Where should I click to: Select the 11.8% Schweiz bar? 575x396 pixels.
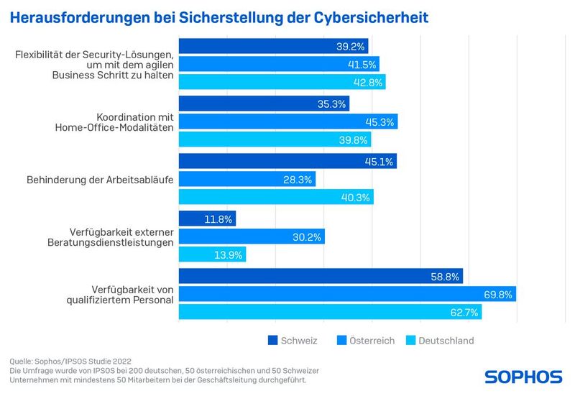point(207,218)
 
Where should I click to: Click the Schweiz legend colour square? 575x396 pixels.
point(273,340)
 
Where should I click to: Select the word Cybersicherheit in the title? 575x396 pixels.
point(371,16)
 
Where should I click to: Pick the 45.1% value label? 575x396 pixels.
point(379,162)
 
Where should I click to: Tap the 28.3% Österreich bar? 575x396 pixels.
point(247,179)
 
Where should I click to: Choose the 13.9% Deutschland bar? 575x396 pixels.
point(212,254)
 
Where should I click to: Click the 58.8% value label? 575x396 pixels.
point(445,276)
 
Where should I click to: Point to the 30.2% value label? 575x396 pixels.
point(307,236)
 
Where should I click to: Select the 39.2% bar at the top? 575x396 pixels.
point(273,46)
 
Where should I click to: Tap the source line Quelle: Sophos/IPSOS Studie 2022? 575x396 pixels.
point(70,360)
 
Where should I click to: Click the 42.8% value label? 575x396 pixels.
point(368,82)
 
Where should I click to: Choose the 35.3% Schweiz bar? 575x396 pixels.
point(263,104)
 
